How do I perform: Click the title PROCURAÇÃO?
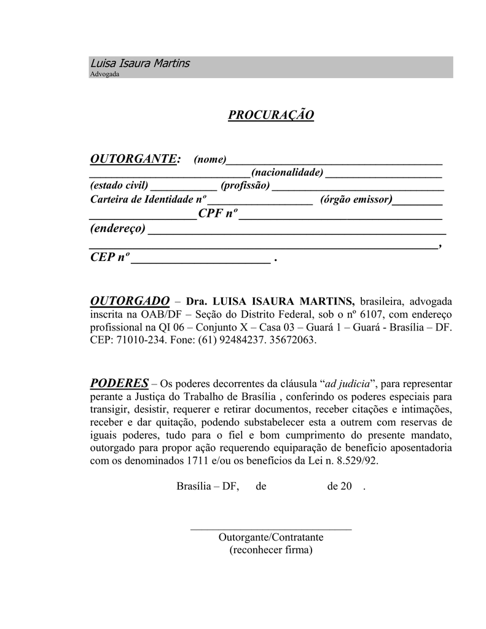click(271, 115)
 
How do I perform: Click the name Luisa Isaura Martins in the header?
click(140, 63)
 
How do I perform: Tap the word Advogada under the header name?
click(104, 74)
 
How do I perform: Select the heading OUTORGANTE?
click(135, 159)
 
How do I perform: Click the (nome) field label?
click(210, 160)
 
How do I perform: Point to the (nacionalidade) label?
click(287, 173)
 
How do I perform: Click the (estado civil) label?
click(119, 186)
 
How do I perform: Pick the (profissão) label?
click(245, 186)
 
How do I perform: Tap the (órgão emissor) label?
click(356, 200)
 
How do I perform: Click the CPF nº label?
click(218, 214)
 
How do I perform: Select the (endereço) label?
click(118, 229)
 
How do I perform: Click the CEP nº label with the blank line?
click(110, 258)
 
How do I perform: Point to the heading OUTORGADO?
click(129, 301)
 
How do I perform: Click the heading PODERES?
click(119, 383)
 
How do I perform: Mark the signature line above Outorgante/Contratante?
click(271, 528)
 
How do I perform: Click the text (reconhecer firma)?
click(271, 550)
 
